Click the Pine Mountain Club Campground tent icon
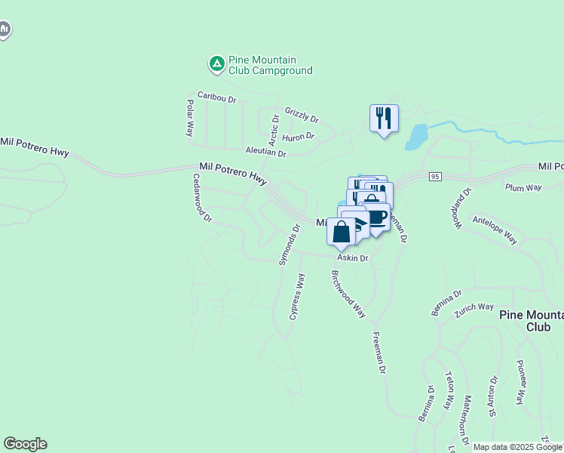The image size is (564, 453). tap(216, 65)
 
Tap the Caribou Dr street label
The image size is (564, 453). tap(217, 97)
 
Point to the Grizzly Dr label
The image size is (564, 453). tap(302, 115)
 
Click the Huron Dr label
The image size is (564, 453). tap(298, 137)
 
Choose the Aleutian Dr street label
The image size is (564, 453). tap(266, 152)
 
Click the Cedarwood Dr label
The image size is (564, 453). tap(203, 198)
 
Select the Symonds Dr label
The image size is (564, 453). tap(285, 249)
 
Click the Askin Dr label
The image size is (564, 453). tap(352, 258)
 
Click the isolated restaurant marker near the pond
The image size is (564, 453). tap(384, 119)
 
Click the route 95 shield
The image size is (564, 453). tap(435, 177)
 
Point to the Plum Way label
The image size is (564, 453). tap(524, 187)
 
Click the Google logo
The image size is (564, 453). tap(25, 444)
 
